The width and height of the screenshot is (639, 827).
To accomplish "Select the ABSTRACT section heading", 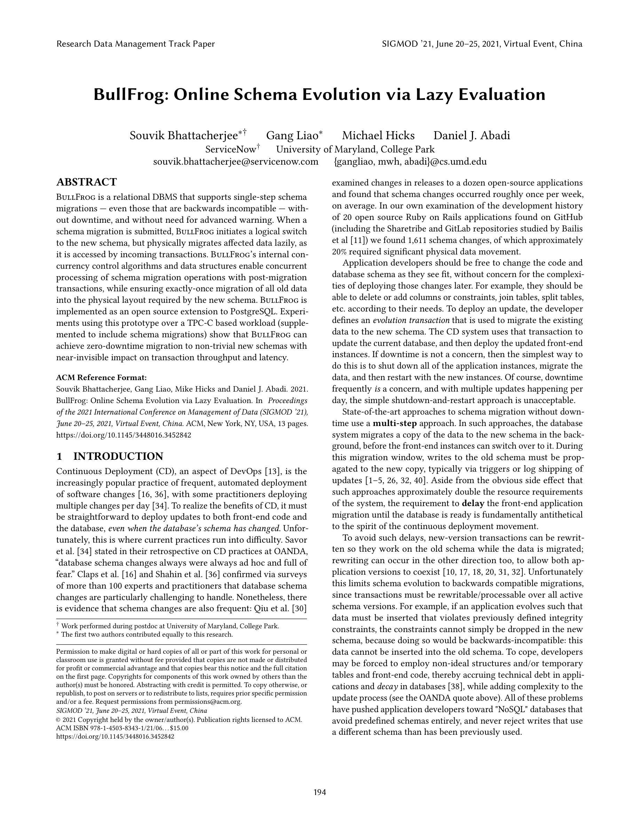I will [x=87, y=182].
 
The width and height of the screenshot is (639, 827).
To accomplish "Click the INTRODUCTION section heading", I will [x=118, y=456].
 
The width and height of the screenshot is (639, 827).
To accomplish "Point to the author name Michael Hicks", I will [x=378, y=135].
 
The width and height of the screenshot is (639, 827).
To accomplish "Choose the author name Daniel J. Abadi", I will [x=472, y=135].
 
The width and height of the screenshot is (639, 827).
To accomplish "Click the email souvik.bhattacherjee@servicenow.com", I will [x=236, y=162].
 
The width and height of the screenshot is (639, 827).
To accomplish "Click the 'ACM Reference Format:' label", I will [x=101, y=378].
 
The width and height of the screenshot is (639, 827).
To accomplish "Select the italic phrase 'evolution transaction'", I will [x=411, y=320].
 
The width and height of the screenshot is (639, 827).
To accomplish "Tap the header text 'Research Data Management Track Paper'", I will [x=135, y=44].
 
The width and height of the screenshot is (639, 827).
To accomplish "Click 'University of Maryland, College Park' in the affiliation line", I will [x=355, y=149].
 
